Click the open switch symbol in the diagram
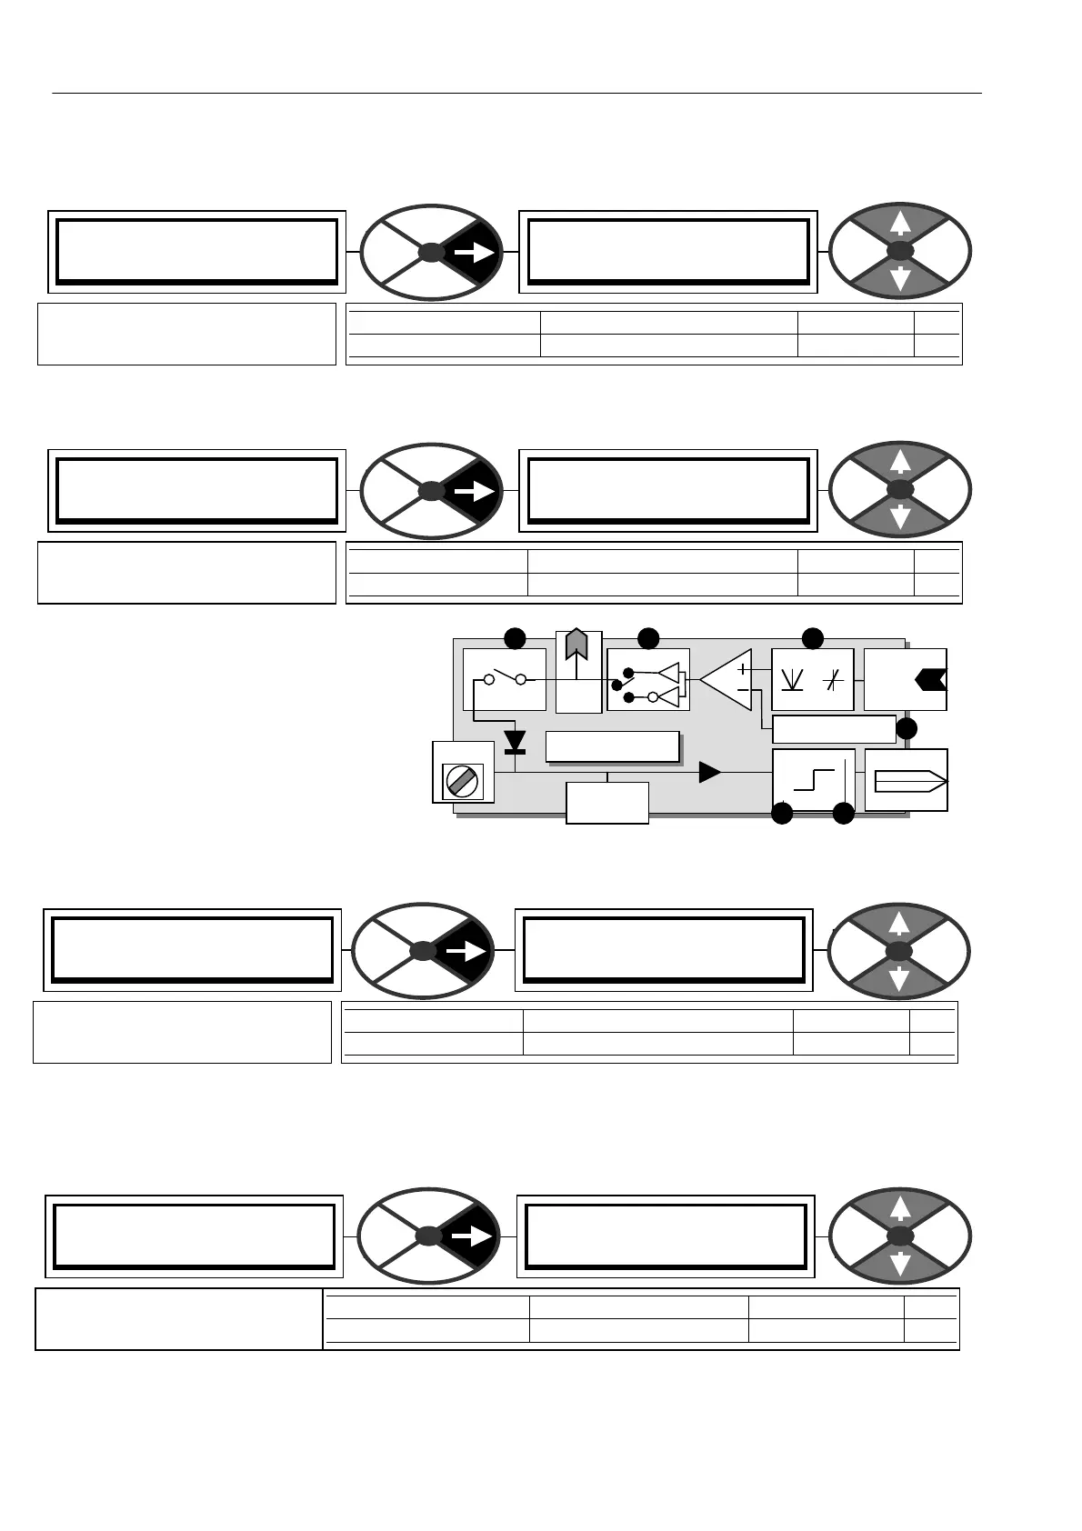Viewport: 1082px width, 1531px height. (505, 678)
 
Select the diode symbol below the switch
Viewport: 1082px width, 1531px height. (516, 741)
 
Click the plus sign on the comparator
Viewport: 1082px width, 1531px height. (743, 668)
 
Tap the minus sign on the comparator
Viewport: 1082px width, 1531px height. (743, 690)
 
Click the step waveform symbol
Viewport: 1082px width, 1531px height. (813, 778)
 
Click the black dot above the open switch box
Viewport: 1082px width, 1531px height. (516, 638)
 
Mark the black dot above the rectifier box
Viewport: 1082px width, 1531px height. (813, 638)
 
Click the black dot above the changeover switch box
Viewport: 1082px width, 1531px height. (648, 638)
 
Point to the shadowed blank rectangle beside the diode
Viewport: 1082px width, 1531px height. (612, 745)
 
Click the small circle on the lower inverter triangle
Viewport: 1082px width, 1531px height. (652, 696)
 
